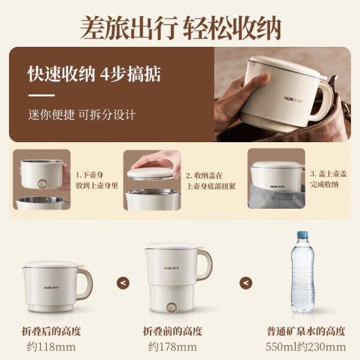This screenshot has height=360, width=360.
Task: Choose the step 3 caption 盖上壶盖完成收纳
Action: point(328,179)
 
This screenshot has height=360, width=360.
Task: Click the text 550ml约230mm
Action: point(305,347)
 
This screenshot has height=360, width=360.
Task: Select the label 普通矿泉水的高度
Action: point(306,331)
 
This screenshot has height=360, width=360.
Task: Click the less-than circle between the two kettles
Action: point(122,283)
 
